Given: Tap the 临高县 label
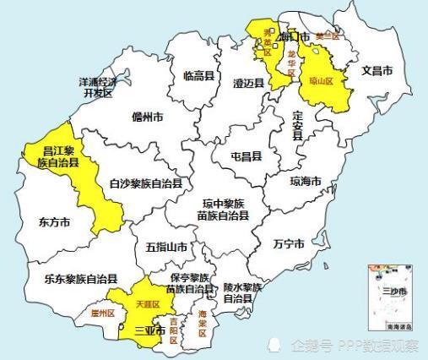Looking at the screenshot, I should pyautogui.click(x=199, y=76).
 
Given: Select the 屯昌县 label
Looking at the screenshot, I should pyautogui.click(x=246, y=157).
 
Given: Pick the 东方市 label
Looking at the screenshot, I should pyautogui.click(x=53, y=222).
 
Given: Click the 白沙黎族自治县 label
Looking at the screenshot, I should pyautogui.click(x=146, y=182).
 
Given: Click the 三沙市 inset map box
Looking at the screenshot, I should pyautogui.click(x=393, y=295).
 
